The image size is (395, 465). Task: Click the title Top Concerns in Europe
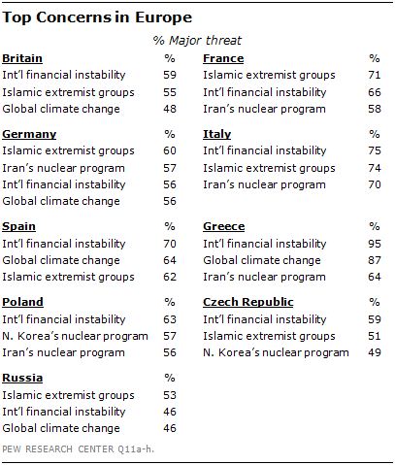(x=97, y=17)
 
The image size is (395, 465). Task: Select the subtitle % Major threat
(x=197, y=41)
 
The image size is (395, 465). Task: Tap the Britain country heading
(x=22, y=58)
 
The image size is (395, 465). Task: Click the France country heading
(x=223, y=58)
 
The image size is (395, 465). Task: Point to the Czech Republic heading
(x=248, y=302)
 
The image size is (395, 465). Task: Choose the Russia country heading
(x=22, y=378)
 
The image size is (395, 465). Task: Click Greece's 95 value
(x=375, y=244)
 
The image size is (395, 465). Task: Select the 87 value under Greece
(x=375, y=260)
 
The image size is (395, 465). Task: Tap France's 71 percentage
(x=375, y=75)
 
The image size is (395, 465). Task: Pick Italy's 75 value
(x=375, y=150)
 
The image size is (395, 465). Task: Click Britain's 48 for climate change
(x=170, y=109)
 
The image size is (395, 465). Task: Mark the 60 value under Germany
(x=170, y=150)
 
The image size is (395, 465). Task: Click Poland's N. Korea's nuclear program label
(x=75, y=336)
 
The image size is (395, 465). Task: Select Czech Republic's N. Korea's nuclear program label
(x=276, y=352)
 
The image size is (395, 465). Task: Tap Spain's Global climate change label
(x=61, y=260)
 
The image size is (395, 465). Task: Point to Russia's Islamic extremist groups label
(x=68, y=395)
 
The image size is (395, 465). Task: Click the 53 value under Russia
(x=170, y=395)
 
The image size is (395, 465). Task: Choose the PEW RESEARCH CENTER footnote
(x=78, y=449)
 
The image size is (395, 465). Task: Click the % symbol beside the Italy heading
(x=375, y=134)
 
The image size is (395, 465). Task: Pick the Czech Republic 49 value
(x=375, y=352)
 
